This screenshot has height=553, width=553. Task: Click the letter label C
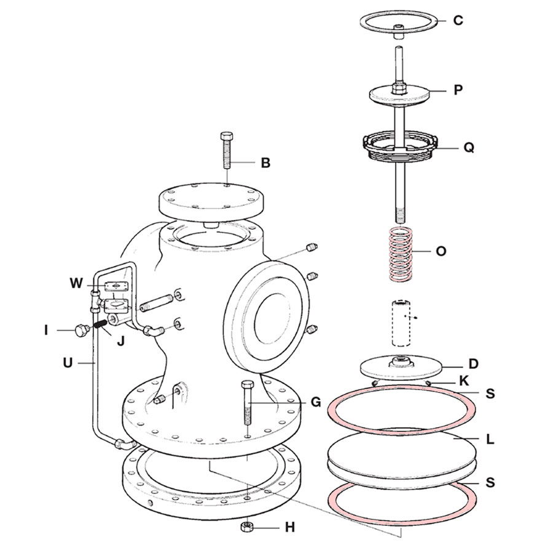(x=458, y=20)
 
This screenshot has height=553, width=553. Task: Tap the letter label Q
(x=469, y=148)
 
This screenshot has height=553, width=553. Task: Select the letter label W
(x=76, y=283)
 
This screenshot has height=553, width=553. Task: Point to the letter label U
(x=68, y=363)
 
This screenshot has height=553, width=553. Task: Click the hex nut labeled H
(x=248, y=527)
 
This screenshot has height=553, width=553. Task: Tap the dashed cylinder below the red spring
(x=400, y=322)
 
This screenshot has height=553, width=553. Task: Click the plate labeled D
(x=400, y=367)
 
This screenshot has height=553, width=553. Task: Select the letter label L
(x=490, y=440)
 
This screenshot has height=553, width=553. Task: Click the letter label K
(x=465, y=380)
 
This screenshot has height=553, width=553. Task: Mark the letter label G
(x=316, y=402)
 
